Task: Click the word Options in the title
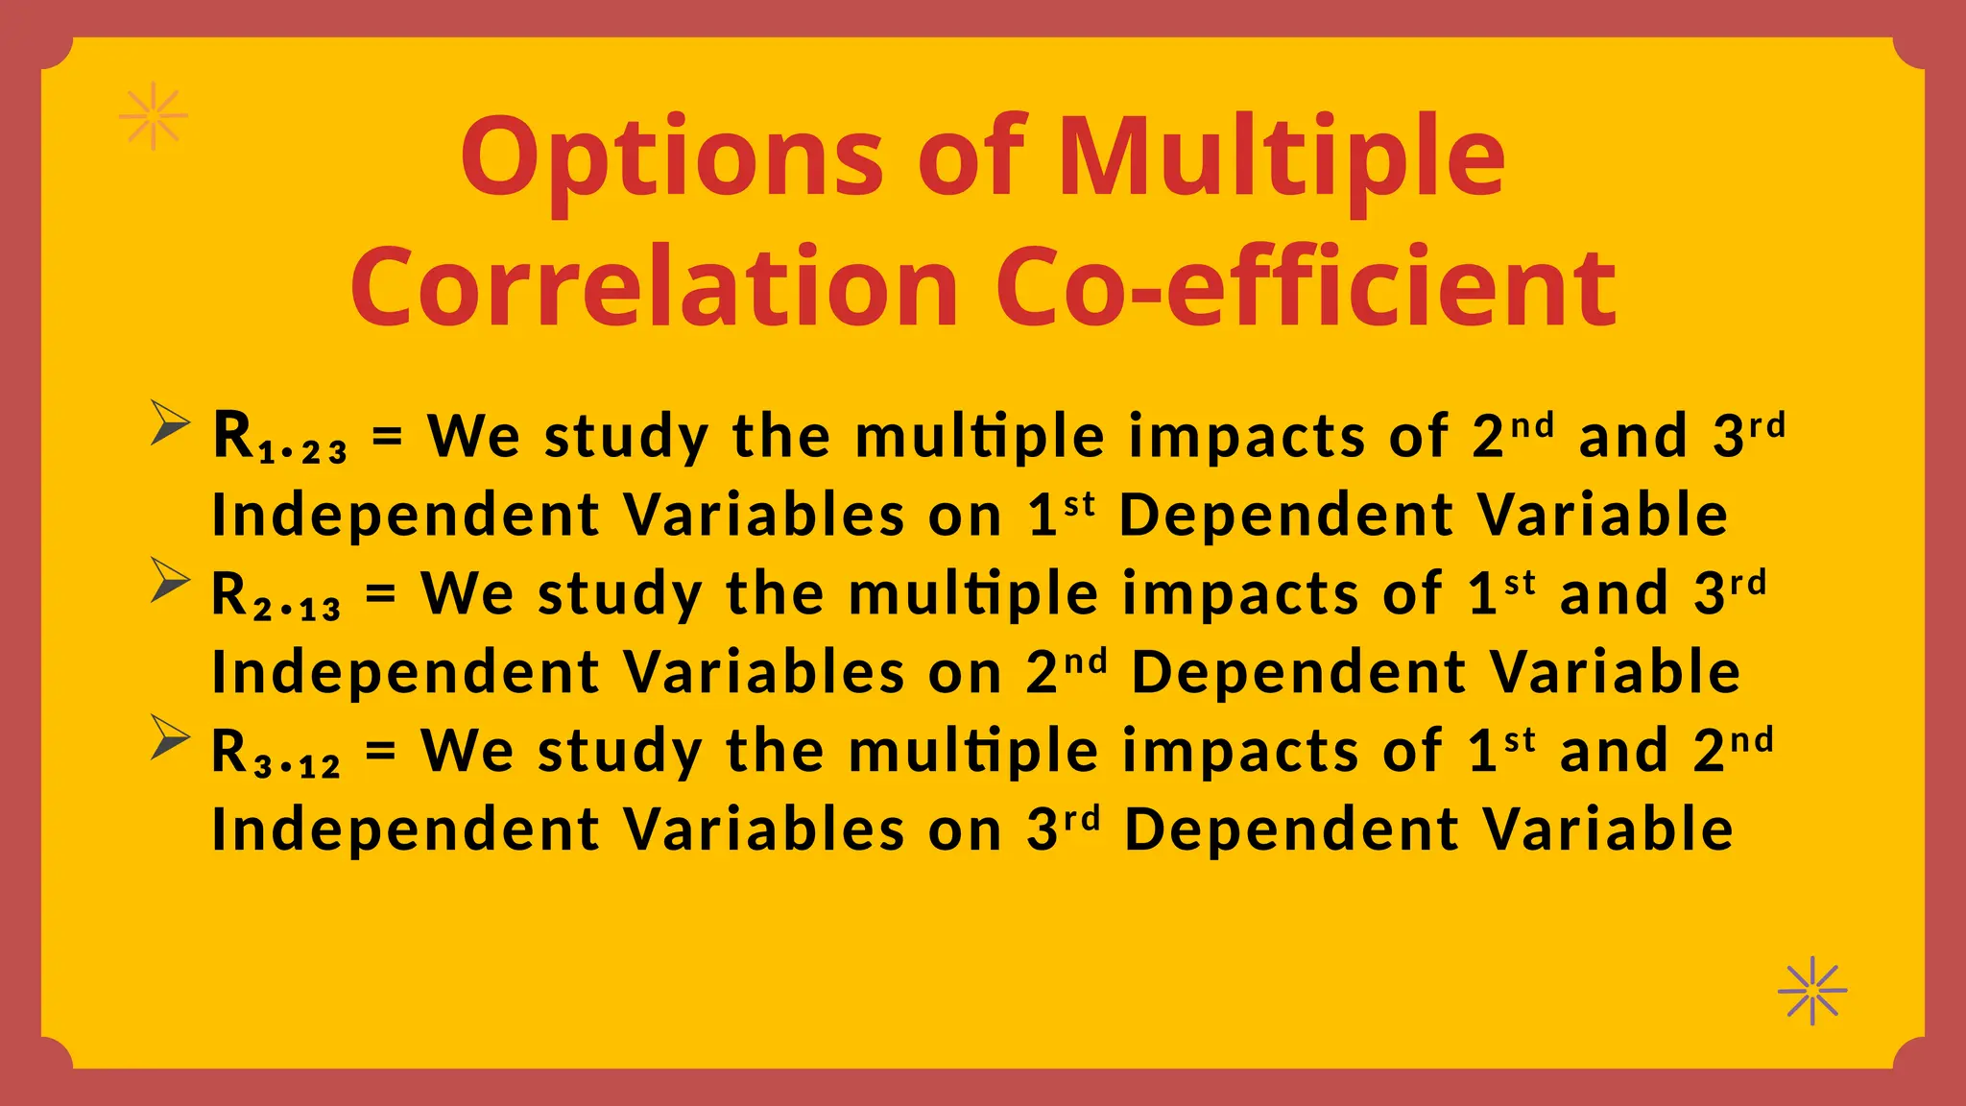tap(671, 159)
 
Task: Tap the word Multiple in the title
tap(1281, 159)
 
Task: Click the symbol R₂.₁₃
tap(276, 596)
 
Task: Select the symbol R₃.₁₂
tap(276, 754)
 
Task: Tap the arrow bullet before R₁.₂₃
tap(170, 423)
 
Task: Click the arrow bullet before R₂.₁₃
tap(170, 581)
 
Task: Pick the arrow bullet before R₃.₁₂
tap(170, 738)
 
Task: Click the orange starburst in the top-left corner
tap(154, 116)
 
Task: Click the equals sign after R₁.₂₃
tap(387, 437)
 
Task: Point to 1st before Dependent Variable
tap(1061, 514)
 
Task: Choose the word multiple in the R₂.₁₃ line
tap(973, 594)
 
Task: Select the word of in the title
tap(971, 159)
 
